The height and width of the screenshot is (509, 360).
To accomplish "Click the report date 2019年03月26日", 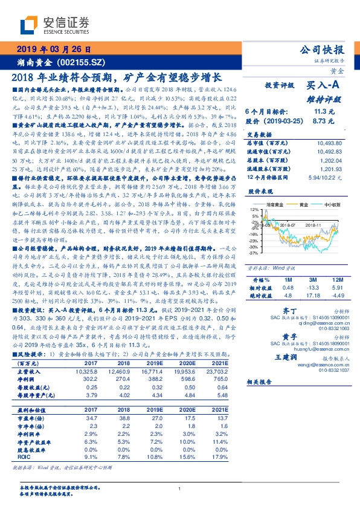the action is click(53, 49).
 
